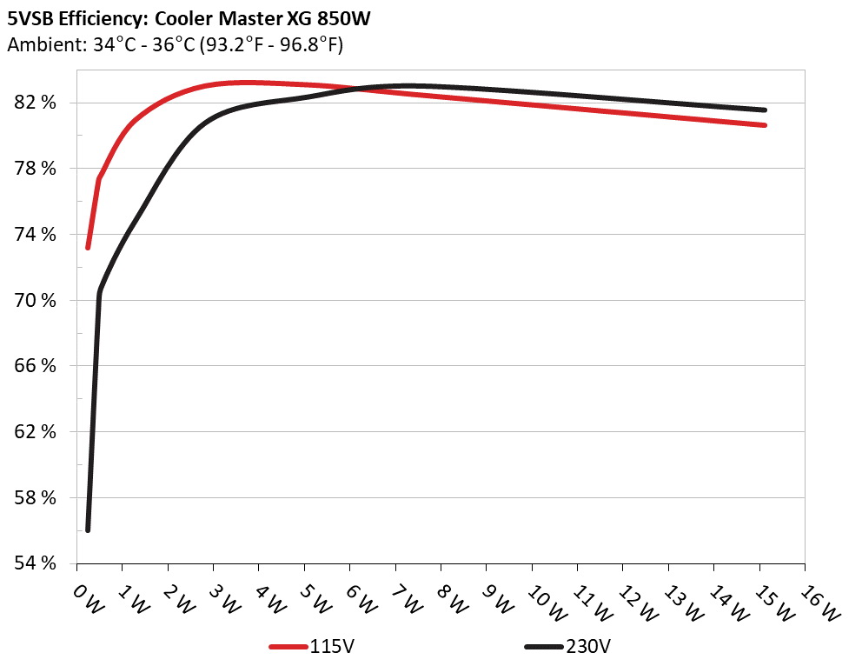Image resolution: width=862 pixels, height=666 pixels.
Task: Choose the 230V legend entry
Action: [568, 647]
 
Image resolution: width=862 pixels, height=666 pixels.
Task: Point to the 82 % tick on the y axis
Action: [37, 103]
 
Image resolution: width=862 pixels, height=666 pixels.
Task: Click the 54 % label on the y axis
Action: [37, 564]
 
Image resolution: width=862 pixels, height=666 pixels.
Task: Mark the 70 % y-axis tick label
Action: [37, 301]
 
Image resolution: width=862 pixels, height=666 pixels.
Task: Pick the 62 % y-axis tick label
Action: [37, 432]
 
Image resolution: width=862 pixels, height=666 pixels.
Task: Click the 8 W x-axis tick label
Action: [453, 599]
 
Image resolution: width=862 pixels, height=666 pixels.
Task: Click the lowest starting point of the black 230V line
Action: [88, 529]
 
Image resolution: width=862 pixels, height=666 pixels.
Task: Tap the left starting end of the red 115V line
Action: [88, 248]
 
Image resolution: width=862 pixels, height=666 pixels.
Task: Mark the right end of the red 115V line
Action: [765, 125]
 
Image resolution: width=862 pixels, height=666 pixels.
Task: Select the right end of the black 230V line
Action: [765, 110]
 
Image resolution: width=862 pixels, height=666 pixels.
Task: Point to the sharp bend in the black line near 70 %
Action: [99, 292]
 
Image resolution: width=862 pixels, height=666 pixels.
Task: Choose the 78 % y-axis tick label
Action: [37, 169]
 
